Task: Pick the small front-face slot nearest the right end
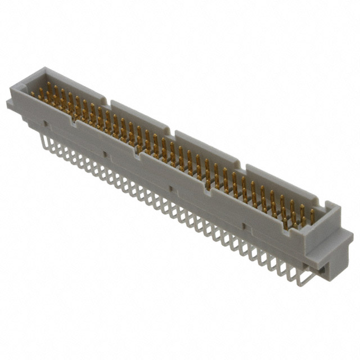242,226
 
